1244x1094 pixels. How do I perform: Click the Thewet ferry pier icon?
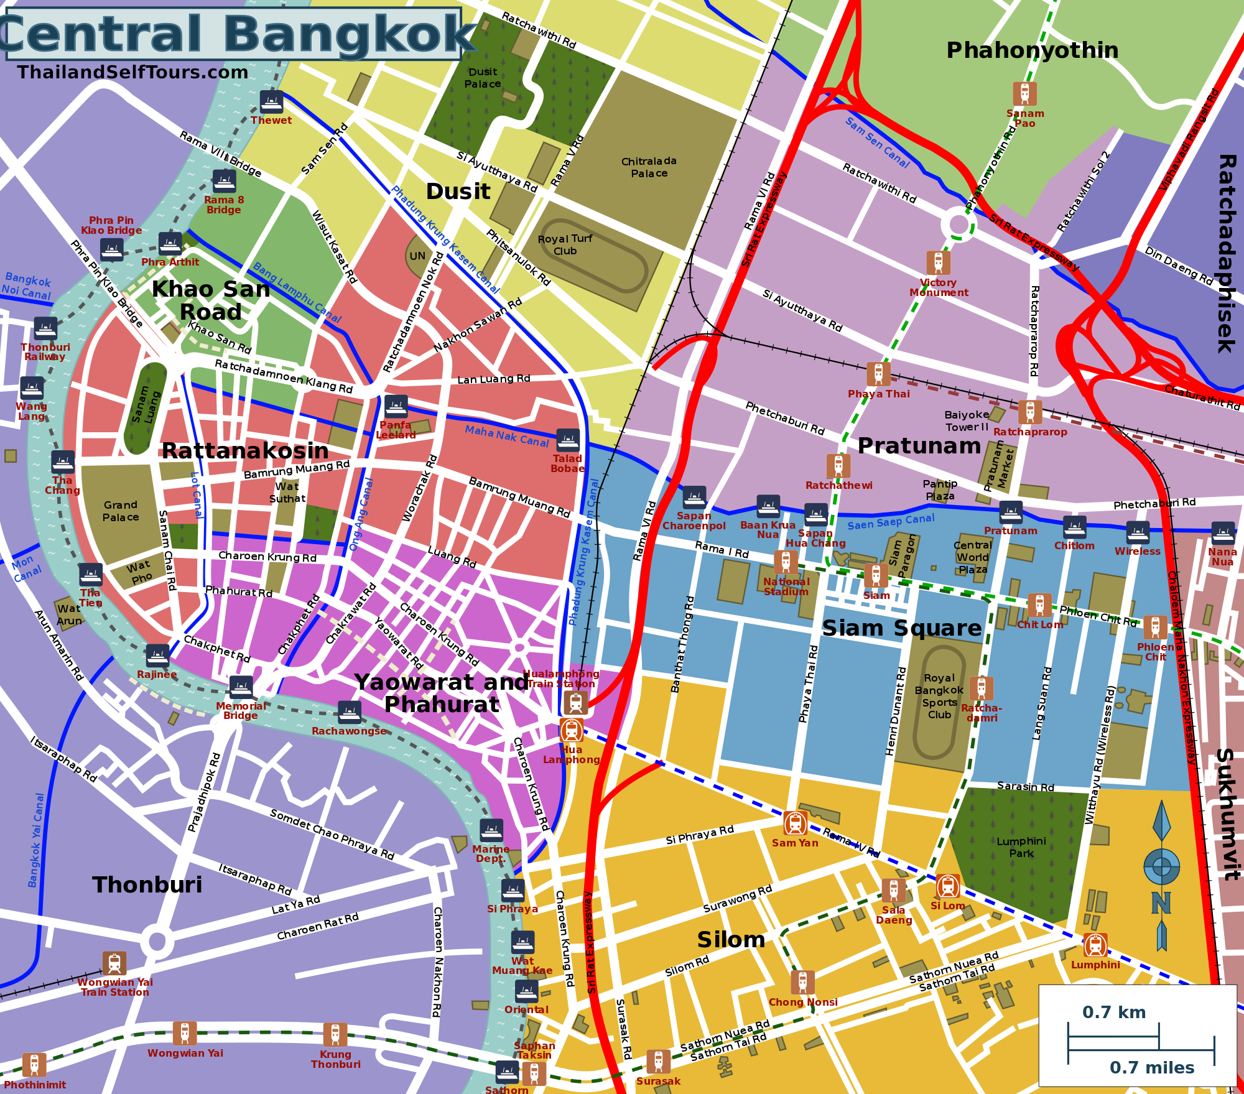tap(271, 101)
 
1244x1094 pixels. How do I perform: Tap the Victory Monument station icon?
tap(938, 263)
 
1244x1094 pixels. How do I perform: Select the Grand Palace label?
tap(121, 511)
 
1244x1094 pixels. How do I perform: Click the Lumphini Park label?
tap(1021, 847)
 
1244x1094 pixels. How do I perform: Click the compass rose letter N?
tap(1161, 902)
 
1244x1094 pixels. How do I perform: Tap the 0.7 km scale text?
tap(1114, 1012)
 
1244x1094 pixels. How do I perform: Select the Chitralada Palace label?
tap(649, 167)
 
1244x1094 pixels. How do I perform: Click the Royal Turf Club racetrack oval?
tap(591, 255)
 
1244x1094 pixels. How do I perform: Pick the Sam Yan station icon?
tap(795, 823)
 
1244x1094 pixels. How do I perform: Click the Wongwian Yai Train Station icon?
tap(114, 963)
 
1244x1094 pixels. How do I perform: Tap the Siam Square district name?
tap(901, 628)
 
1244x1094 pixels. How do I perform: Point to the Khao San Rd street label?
tap(219, 337)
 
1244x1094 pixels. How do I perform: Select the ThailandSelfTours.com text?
tap(132, 72)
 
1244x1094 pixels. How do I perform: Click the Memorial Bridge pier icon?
tap(241, 687)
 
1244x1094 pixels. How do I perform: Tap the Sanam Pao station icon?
tap(1024, 94)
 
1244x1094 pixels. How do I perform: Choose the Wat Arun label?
tap(69, 614)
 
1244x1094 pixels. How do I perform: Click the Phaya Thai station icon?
tap(878, 374)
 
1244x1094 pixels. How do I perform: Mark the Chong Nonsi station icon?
tap(802, 982)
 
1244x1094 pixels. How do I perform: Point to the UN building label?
tap(417, 256)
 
